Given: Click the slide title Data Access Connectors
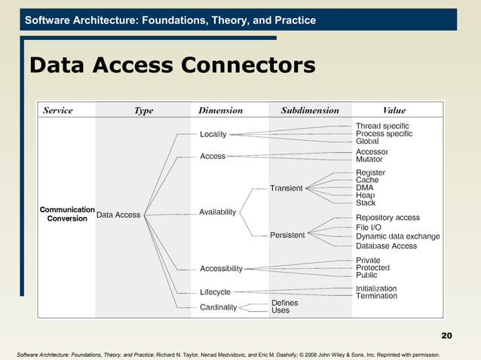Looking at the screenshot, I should click(172, 66).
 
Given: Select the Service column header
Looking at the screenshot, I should click(58, 110).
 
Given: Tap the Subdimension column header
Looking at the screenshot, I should click(310, 110).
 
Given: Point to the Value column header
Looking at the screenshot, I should click(394, 110).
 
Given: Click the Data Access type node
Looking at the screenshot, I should click(118, 215).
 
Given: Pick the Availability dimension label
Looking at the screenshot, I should click(218, 212).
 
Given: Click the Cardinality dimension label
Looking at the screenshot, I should click(219, 307).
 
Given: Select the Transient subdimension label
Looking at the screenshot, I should click(286, 188).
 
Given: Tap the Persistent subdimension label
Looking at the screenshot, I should click(287, 235).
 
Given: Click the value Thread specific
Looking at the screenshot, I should click(382, 125).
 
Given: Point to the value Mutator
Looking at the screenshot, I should click(372, 160).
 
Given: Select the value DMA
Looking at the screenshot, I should click(365, 188).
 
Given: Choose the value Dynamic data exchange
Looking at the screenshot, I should click(397, 236).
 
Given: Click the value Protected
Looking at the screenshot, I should click(372, 267).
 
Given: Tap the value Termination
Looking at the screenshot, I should click(376, 296).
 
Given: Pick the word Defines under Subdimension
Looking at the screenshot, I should click(284, 303).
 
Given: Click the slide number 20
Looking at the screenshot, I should click(446, 334).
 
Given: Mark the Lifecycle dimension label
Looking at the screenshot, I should click(216, 291).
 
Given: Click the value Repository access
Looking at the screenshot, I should click(388, 218).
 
